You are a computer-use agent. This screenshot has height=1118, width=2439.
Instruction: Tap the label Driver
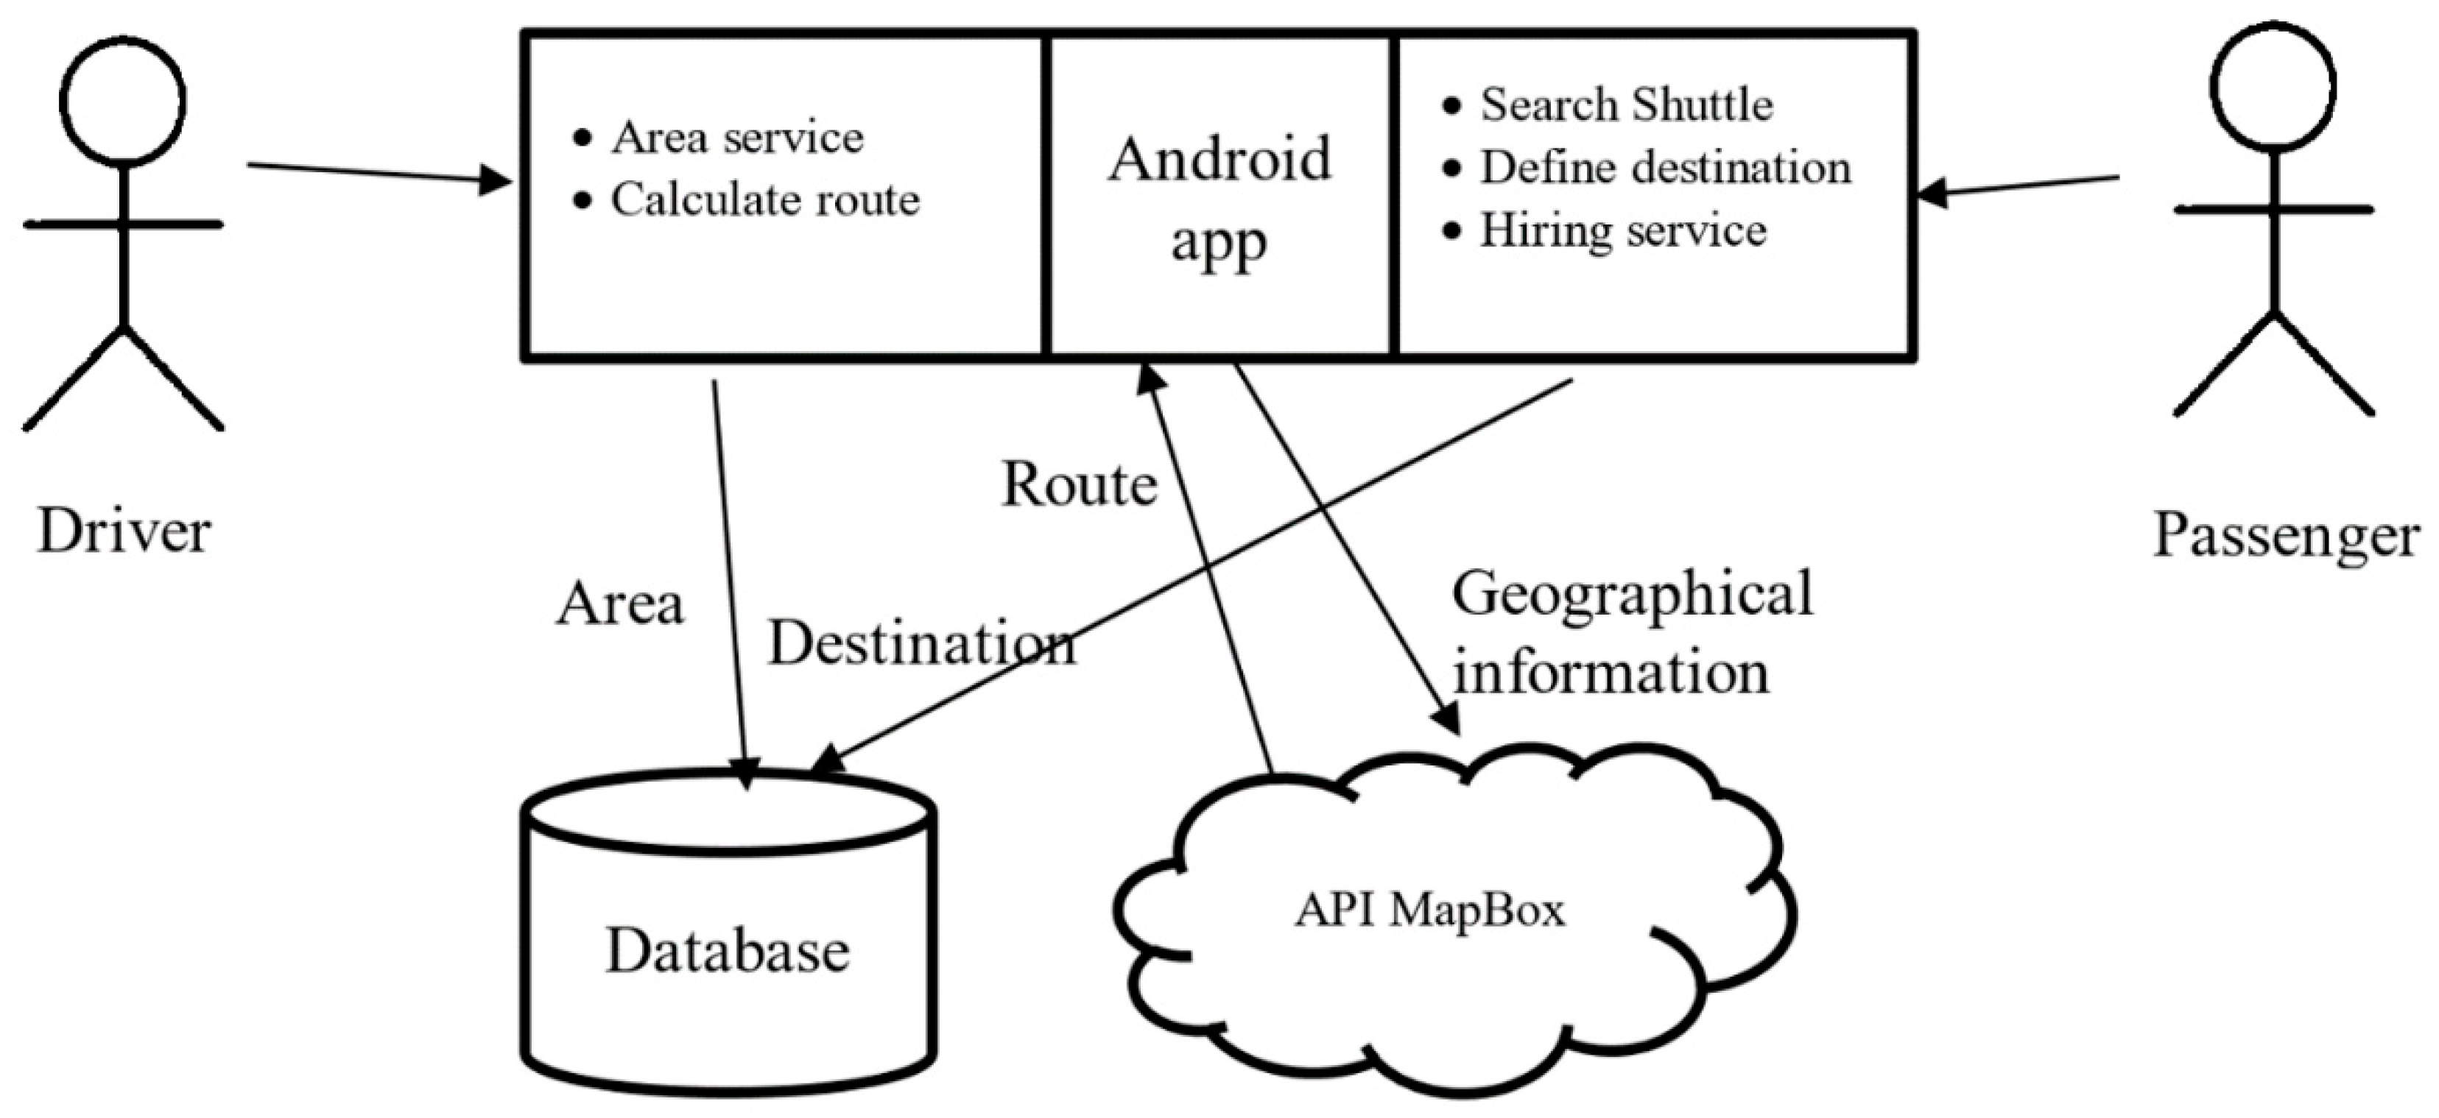pos(123,532)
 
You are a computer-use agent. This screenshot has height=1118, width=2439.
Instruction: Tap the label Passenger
pos(2286,536)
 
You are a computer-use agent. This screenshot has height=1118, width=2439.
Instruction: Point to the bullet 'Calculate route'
pos(765,199)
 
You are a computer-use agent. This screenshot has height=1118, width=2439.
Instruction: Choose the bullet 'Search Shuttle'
pos(1627,104)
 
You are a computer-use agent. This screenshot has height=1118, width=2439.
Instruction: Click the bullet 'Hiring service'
pos(1623,230)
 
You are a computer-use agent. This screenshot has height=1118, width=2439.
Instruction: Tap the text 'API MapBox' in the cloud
pos(1429,910)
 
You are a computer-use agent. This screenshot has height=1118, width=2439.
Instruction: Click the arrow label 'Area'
pos(619,604)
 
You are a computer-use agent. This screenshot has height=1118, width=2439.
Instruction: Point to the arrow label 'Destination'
pos(921,644)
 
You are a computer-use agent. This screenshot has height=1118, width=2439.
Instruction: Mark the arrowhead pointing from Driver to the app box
pos(497,179)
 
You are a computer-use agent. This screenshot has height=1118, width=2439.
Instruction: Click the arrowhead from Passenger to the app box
pos(1932,194)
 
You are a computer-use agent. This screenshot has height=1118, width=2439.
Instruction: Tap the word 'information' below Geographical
pos(1611,672)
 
